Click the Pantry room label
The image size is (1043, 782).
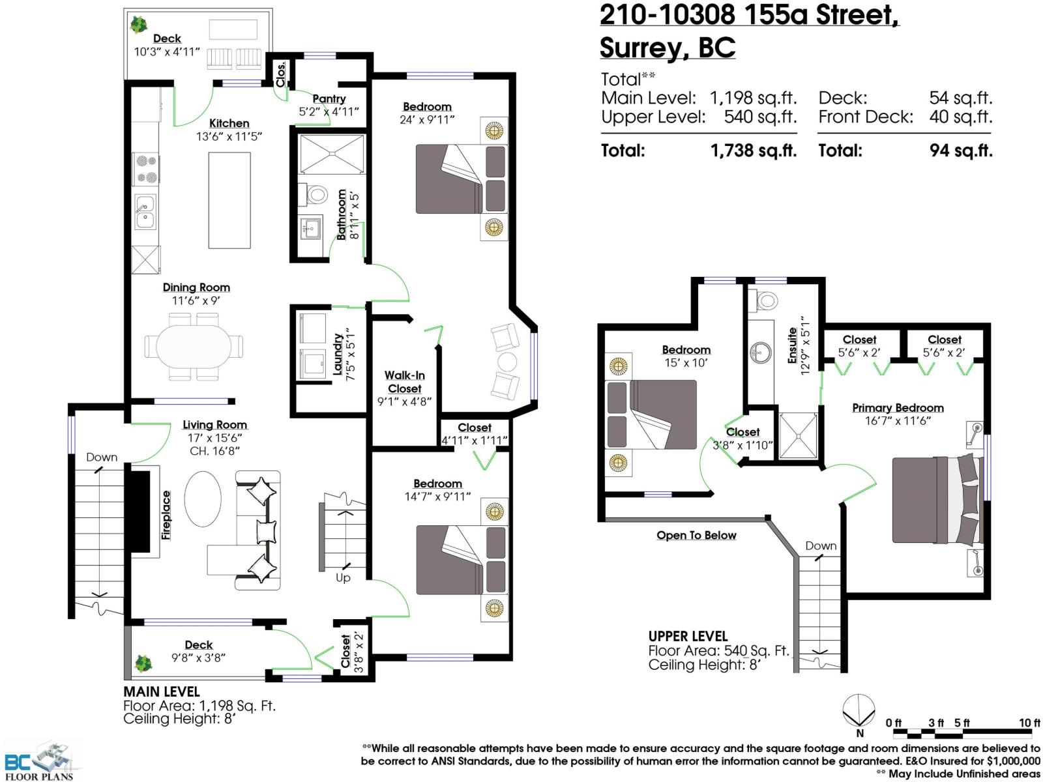pyautogui.click(x=329, y=99)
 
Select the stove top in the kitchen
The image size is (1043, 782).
pyautogui.click(x=145, y=169)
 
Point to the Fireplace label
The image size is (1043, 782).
pyautogui.click(x=166, y=515)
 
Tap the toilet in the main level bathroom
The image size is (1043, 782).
pyautogui.click(x=317, y=194)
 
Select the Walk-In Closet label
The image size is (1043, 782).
pyautogui.click(x=404, y=382)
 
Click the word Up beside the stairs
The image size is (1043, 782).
pyautogui.click(x=343, y=578)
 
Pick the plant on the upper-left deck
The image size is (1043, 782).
pyautogui.click(x=138, y=25)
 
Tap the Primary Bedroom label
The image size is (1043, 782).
pyautogui.click(x=898, y=408)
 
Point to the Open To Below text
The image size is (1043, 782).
pyautogui.click(x=696, y=536)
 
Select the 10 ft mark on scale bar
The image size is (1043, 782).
pyautogui.click(x=1029, y=723)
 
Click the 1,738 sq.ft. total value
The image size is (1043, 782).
pyautogui.click(x=753, y=151)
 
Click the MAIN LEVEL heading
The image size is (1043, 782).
pyautogui.click(x=162, y=691)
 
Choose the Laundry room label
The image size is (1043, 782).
pyautogui.click(x=338, y=355)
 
